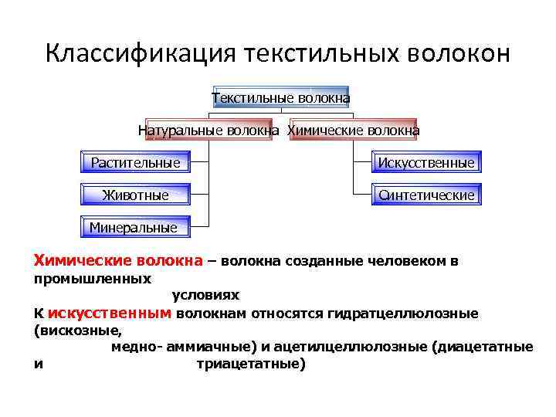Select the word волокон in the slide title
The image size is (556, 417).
461,53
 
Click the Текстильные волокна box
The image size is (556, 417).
280,98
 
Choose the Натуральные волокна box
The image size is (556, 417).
208,131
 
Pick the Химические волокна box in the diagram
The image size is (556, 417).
354,131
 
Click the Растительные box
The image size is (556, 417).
135,163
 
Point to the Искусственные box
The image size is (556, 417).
425,163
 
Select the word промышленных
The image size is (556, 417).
92,277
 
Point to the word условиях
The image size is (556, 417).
205,295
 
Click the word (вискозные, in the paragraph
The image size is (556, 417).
78,331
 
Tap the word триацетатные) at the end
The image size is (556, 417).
252,364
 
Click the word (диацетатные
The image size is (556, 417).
484,347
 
